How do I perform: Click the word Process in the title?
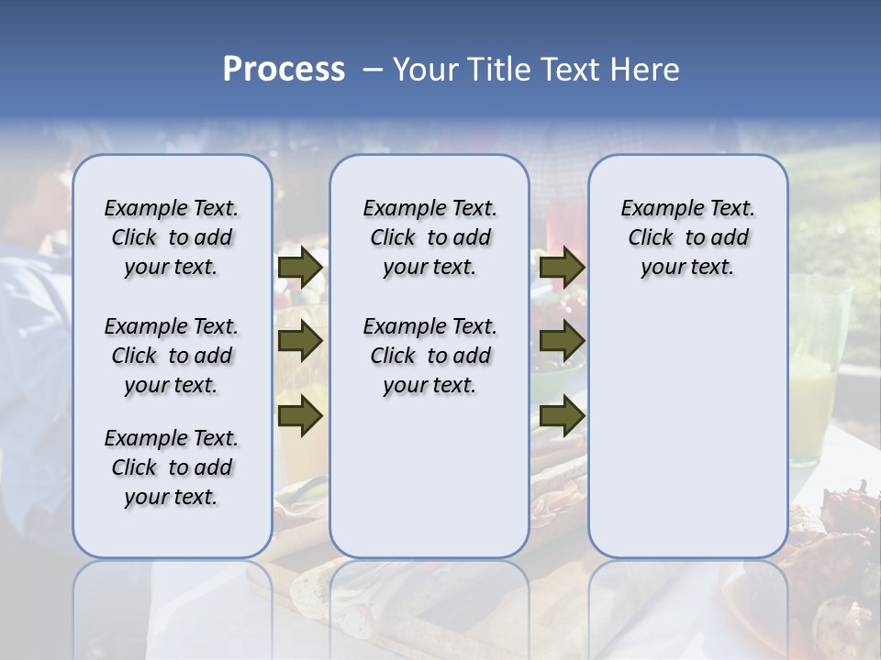[x=284, y=70]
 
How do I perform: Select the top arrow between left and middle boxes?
[x=300, y=268]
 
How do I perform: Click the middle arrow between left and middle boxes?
[x=300, y=342]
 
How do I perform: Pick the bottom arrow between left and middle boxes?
[x=300, y=417]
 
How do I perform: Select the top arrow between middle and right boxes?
[x=562, y=268]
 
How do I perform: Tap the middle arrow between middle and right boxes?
[x=562, y=342]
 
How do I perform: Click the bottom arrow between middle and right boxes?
[x=562, y=417]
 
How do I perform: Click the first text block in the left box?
[x=172, y=237]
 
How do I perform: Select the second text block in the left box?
[x=172, y=356]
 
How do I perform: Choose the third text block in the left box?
[x=172, y=467]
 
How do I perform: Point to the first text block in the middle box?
[x=429, y=237]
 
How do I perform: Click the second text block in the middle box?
[x=429, y=356]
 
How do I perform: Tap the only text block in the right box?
[x=688, y=237]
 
